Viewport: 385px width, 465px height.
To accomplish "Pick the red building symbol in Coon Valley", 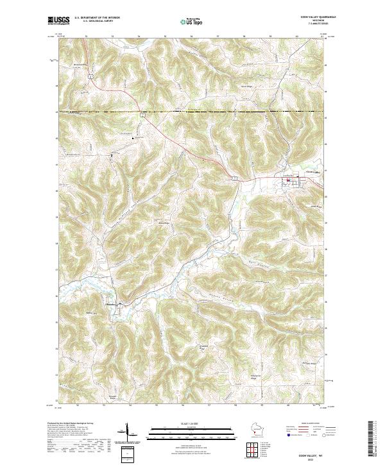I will click(288, 180).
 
